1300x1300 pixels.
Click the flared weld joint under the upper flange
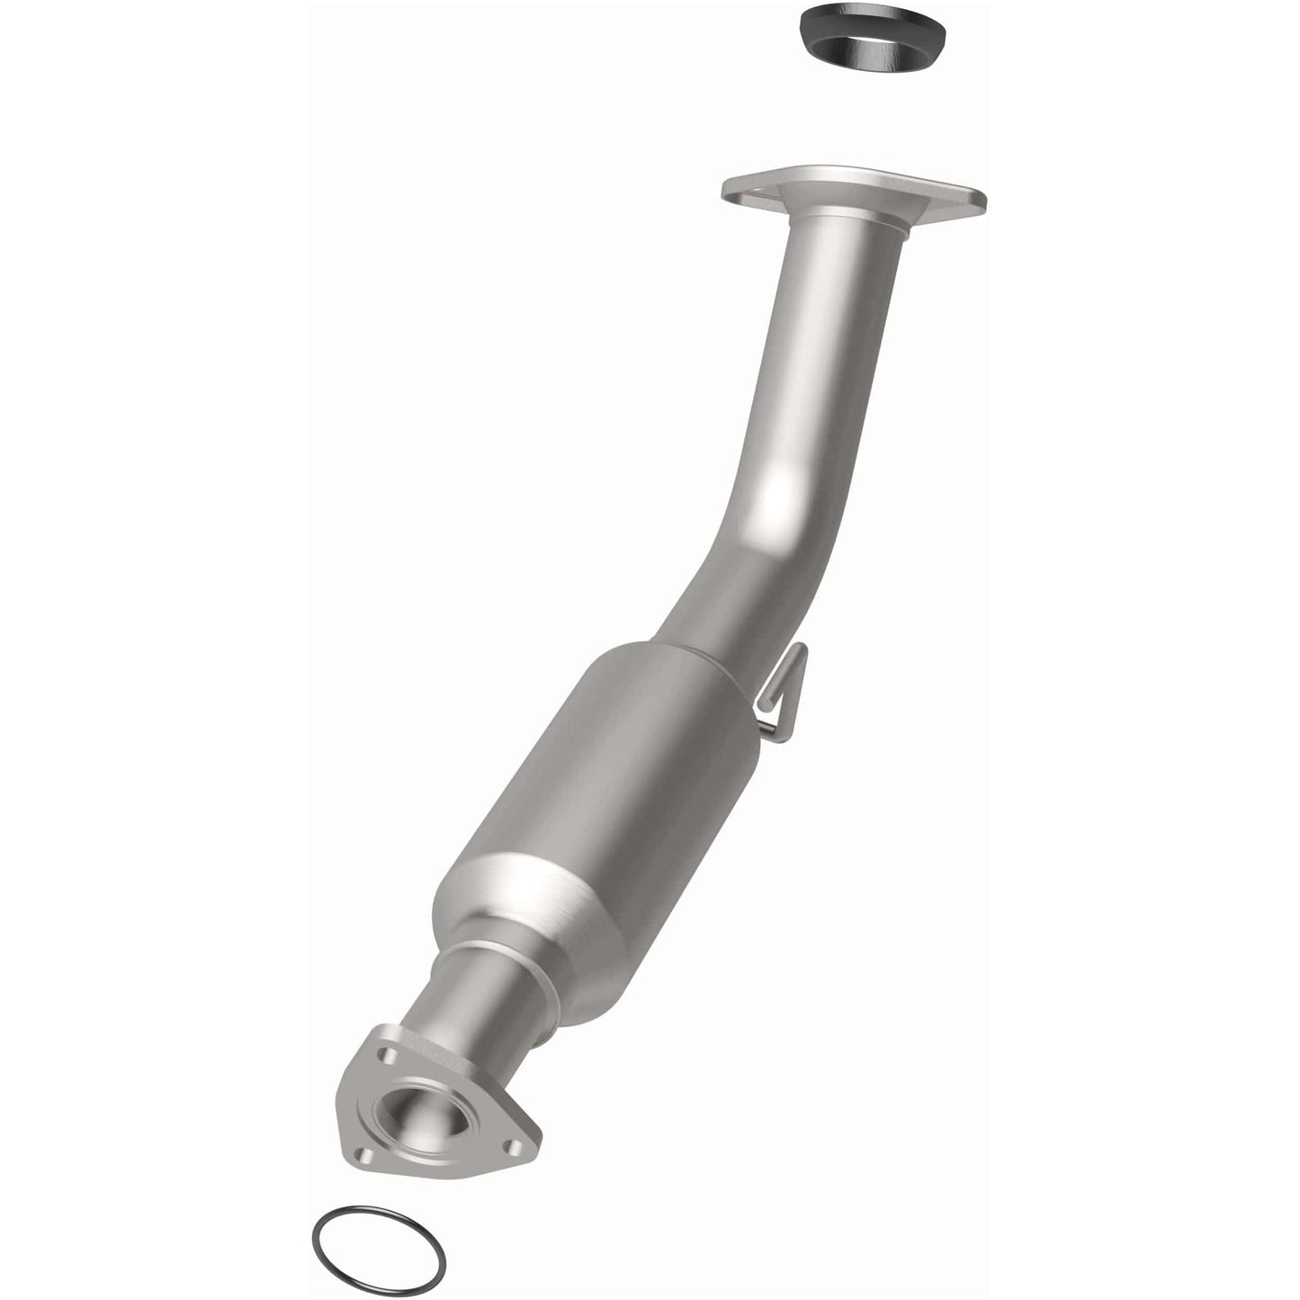click(x=846, y=225)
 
